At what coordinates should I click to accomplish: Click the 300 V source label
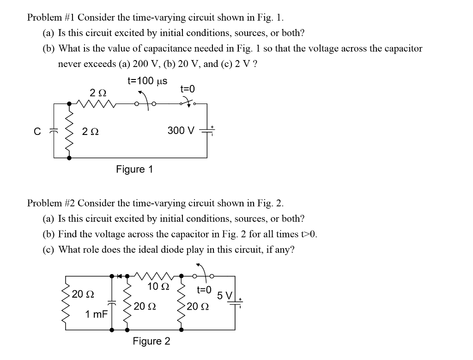pyautogui.click(x=181, y=131)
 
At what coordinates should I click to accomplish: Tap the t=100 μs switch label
pyautogui.click(x=147, y=81)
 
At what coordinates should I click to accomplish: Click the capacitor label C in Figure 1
pyautogui.click(x=37, y=131)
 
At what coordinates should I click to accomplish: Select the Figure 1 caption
pyautogui.click(x=134, y=169)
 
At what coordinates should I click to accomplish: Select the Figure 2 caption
pyautogui.click(x=151, y=342)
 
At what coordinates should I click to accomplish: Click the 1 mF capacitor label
pyautogui.click(x=97, y=314)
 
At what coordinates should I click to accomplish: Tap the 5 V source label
pyautogui.click(x=227, y=295)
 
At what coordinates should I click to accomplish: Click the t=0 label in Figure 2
pyautogui.click(x=204, y=290)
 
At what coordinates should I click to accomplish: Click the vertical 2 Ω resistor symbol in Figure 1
pyautogui.click(x=70, y=131)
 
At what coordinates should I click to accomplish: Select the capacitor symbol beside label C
pyautogui.click(x=54, y=131)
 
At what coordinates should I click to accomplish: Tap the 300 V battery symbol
pyautogui.click(x=206, y=131)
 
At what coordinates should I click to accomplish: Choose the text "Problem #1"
pyautogui.click(x=51, y=18)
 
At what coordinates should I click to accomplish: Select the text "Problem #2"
pyautogui.click(x=51, y=203)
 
